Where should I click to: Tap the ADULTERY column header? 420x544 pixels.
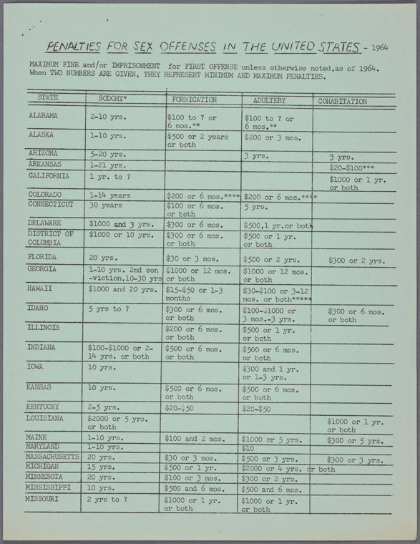point(263,100)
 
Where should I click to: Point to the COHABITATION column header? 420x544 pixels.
point(342,102)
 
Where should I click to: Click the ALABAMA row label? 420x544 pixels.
point(44,115)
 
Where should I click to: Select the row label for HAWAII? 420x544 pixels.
point(41,288)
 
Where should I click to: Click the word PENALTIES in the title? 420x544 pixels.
point(75,47)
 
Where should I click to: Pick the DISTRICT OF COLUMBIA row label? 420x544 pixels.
point(51,238)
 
